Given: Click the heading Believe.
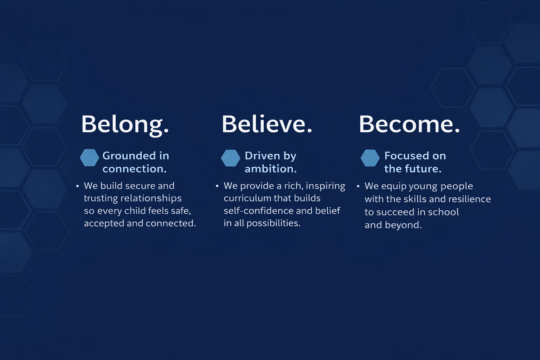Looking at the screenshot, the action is [x=267, y=124].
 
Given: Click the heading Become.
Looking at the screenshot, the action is [x=409, y=124].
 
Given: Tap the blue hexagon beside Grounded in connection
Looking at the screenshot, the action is [x=89, y=158].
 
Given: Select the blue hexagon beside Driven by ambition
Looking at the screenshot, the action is [x=231, y=158].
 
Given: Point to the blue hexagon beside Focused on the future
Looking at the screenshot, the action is [x=370, y=158].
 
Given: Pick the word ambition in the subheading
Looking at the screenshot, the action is [x=270, y=169].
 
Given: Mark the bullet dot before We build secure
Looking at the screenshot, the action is [x=77, y=186].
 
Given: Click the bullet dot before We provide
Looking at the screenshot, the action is [x=217, y=186].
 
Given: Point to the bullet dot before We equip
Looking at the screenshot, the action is [x=358, y=186].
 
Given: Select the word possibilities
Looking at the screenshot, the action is [x=274, y=223].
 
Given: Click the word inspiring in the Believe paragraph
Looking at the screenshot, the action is [x=326, y=186].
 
